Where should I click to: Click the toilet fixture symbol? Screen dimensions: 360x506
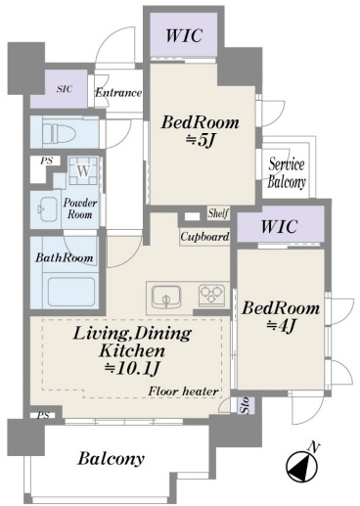tap(60, 133)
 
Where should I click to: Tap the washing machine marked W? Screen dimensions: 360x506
tap(83, 170)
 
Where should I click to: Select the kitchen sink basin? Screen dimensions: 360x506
tap(166, 297)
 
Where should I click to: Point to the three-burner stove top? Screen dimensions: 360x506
tap(212, 295)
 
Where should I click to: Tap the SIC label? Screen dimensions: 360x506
tap(65, 89)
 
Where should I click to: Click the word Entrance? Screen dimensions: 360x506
tap(118, 93)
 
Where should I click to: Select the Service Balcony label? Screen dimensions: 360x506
tap(287, 173)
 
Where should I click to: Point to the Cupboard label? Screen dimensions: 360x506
tap(204, 237)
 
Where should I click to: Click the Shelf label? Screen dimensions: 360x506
tap(218, 213)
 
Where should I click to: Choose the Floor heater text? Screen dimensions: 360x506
tap(183, 391)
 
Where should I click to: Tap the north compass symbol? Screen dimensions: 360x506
tap(301, 463)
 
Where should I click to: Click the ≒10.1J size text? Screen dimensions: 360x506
tap(132, 368)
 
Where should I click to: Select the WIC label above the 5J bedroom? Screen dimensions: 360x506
tap(184, 35)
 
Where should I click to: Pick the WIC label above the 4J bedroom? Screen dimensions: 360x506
tap(279, 226)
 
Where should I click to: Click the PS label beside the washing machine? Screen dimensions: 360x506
tap(46, 161)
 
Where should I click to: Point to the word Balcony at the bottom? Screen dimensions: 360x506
tap(111, 459)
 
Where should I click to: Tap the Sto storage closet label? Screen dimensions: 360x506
tap(246, 405)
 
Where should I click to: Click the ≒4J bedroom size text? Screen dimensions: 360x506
tap(281, 325)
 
